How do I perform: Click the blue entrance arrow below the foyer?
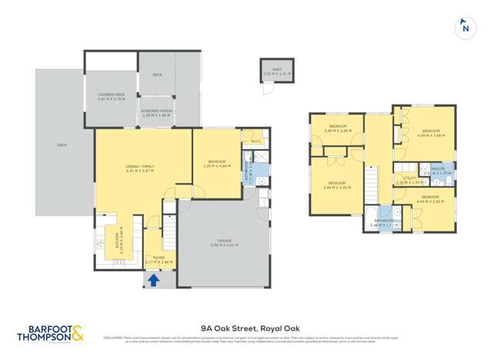point(153,280)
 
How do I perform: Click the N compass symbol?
point(465,28)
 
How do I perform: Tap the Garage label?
point(224,243)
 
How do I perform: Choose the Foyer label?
point(159,260)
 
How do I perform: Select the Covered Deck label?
point(111,97)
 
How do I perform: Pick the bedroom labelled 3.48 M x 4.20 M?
point(337,185)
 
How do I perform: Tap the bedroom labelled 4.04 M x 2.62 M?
point(431,200)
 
